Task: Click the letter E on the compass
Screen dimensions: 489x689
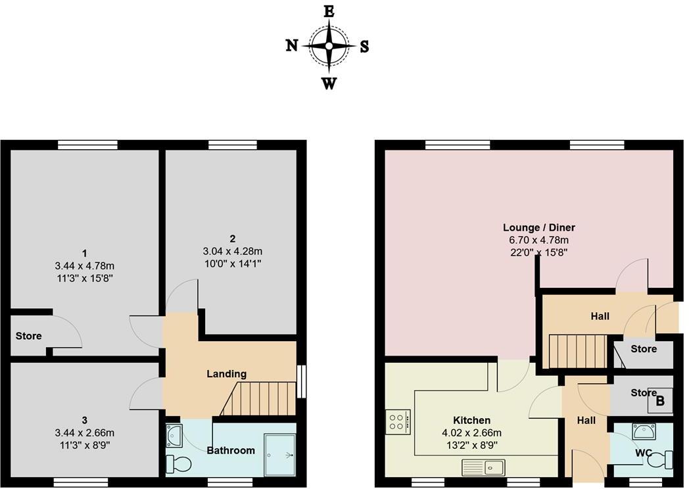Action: pyautogui.click(x=329, y=11)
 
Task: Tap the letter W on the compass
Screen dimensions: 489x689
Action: pyautogui.click(x=329, y=83)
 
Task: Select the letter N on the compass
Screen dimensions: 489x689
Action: pyautogui.click(x=291, y=45)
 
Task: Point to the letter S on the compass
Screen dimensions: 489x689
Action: pyautogui.click(x=364, y=47)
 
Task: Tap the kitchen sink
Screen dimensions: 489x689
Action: pyautogui.click(x=483, y=468)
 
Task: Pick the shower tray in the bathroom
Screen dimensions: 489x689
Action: pyautogui.click(x=279, y=454)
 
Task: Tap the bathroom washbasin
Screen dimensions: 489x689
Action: pyautogui.click(x=175, y=434)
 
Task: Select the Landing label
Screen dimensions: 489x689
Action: pyautogui.click(x=227, y=374)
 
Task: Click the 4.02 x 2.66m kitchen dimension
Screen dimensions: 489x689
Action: pyautogui.click(x=471, y=432)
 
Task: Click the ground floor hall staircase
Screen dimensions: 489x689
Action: pyautogui.click(x=576, y=351)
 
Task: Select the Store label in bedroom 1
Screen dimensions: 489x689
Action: pyautogui.click(x=28, y=336)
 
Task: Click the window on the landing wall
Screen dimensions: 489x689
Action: pyautogui.click(x=302, y=382)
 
